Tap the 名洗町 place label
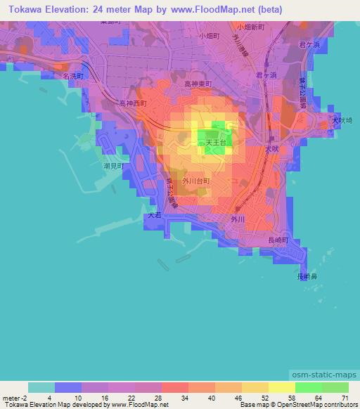[x=72, y=74]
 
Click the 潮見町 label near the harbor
[x=112, y=167]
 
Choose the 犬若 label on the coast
[x=154, y=216]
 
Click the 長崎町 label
[x=278, y=240]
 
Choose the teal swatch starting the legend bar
[x=41, y=387]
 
